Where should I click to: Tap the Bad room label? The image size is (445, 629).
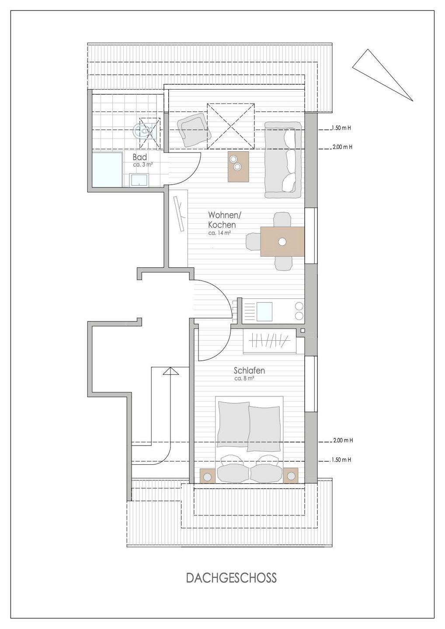pos(139,157)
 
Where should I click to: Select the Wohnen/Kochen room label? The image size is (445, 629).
pos(224,220)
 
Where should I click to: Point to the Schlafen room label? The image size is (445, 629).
pos(249,371)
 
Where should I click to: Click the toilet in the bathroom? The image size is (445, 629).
pos(143,131)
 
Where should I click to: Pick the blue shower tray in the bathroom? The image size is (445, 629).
pos(108,169)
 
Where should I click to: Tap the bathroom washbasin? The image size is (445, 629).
pos(140,180)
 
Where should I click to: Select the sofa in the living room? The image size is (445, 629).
pos(283,160)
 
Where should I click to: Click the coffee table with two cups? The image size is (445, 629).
pos(238,166)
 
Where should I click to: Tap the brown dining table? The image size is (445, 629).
pos(282,242)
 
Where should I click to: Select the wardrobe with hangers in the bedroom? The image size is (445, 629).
pos(269,341)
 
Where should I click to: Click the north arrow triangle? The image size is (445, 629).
pos(382,75)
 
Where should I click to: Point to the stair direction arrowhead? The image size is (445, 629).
pos(171,371)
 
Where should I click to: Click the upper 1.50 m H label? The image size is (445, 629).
pos(341,128)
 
